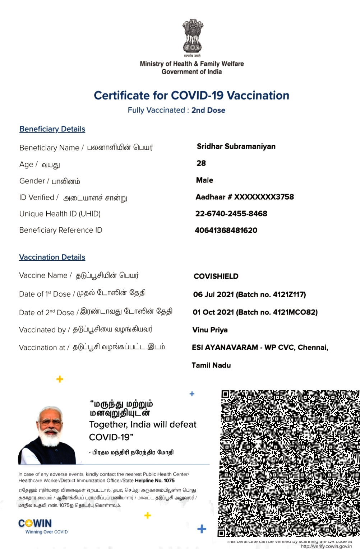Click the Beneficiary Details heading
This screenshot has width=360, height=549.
[x=52, y=129]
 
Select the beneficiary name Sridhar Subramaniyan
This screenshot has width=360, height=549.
[x=236, y=146]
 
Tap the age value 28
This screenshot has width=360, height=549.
[x=201, y=163]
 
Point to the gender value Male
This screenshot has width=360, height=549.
[x=204, y=180]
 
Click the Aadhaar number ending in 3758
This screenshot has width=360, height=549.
[x=245, y=197]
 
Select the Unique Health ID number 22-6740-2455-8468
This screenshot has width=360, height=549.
[x=231, y=214]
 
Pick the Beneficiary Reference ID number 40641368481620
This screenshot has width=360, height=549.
[x=226, y=231]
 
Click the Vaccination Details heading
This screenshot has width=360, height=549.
[x=52, y=257]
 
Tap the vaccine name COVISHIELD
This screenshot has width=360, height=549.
[x=216, y=276]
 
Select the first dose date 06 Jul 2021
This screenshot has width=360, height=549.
[x=213, y=295]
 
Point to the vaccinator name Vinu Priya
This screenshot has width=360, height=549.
[x=210, y=330]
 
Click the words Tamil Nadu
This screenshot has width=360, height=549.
[x=211, y=366]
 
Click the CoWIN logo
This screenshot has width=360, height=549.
[x=35, y=524]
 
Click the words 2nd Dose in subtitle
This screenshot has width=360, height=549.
[x=208, y=110]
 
